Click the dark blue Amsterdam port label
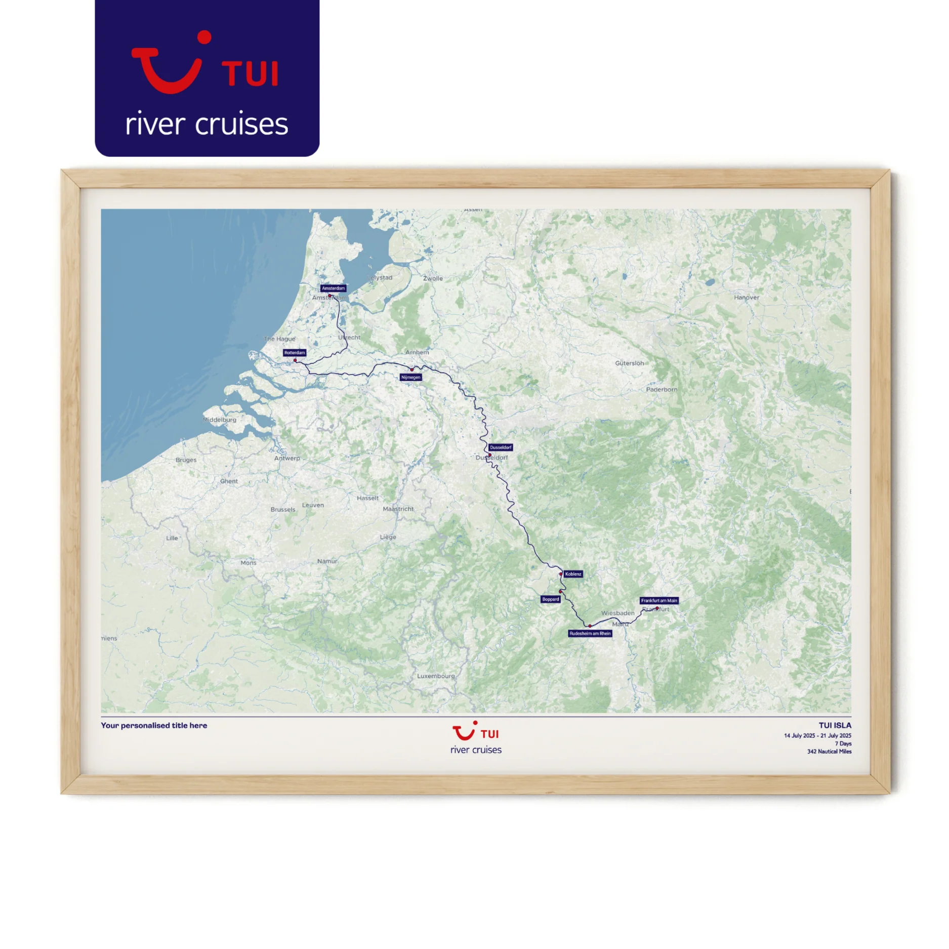click(x=333, y=288)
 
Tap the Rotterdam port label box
click(x=295, y=353)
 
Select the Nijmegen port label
click(x=410, y=377)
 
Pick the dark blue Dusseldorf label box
click(x=501, y=447)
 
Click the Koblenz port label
click(x=573, y=574)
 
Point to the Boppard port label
click(x=551, y=599)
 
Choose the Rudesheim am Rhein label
click(x=590, y=634)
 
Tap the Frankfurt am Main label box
click(x=659, y=601)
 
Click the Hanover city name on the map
click(x=747, y=298)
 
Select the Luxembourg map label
click(x=436, y=676)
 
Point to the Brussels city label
click(x=283, y=510)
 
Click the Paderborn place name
click(x=662, y=390)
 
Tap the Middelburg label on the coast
click(x=220, y=420)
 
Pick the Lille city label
click(x=172, y=538)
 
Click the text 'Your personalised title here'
click(x=154, y=725)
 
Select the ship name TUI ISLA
click(x=835, y=725)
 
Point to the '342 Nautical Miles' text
click(x=829, y=752)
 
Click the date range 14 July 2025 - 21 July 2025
click(x=817, y=736)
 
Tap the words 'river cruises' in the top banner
click(x=207, y=125)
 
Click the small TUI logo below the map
click(x=476, y=733)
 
